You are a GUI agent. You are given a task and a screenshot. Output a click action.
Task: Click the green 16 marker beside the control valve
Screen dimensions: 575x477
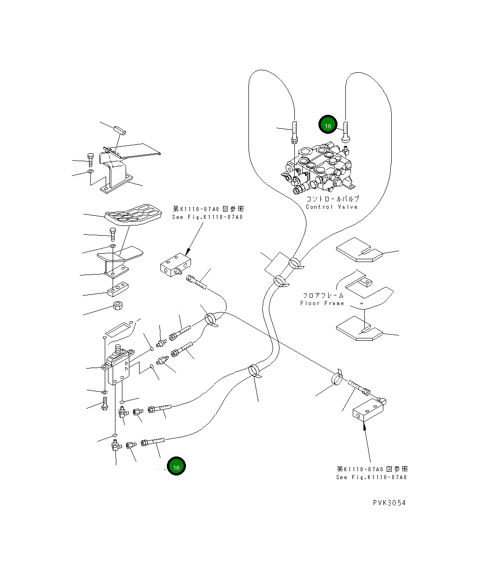click(x=328, y=125)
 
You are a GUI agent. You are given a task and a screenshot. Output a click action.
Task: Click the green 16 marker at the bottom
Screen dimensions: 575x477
click(x=176, y=467)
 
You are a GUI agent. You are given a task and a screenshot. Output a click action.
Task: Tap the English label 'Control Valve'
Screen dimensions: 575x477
click(x=331, y=207)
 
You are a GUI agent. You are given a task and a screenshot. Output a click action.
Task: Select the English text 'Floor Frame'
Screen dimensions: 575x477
click(x=322, y=303)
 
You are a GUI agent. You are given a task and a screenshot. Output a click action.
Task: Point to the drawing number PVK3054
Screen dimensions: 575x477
click(x=389, y=503)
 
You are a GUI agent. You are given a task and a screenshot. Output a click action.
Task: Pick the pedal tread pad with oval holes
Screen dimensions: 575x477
click(x=134, y=215)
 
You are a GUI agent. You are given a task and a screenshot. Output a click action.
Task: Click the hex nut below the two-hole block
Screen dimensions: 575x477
click(x=117, y=306)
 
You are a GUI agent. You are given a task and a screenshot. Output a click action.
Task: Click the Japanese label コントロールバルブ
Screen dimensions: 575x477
click(x=332, y=199)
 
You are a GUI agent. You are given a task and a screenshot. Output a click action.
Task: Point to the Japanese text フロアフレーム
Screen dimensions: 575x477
click(x=323, y=295)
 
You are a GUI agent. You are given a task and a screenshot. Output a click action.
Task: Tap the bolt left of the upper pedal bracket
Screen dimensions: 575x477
click(x=90, y=160)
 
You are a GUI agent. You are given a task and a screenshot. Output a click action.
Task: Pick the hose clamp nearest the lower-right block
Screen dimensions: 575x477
click(x=337, y=378)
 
